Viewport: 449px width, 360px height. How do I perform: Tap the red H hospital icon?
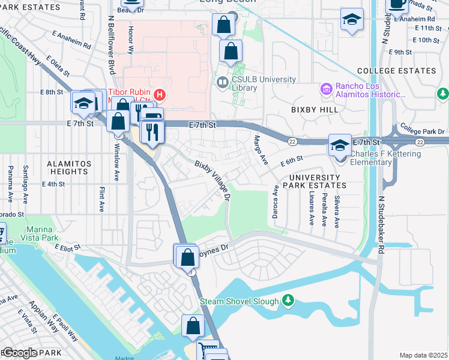pyautogui.click(x=160, y=94)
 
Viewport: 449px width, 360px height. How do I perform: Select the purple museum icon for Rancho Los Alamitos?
pyautogui.click(x=327, y=90)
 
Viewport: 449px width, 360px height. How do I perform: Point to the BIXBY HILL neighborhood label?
pyautogui.click(x=312, y=110)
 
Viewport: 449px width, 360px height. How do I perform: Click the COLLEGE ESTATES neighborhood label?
pyautogui.click(x=397, y=71)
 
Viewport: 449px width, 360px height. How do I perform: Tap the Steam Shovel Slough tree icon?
pyautogui.click(x=289, y=299)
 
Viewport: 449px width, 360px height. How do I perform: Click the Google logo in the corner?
pyautogui.click(x=20, y=353)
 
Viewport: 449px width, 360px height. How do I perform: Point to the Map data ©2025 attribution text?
pyautogui.click(x=423, y=355)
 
